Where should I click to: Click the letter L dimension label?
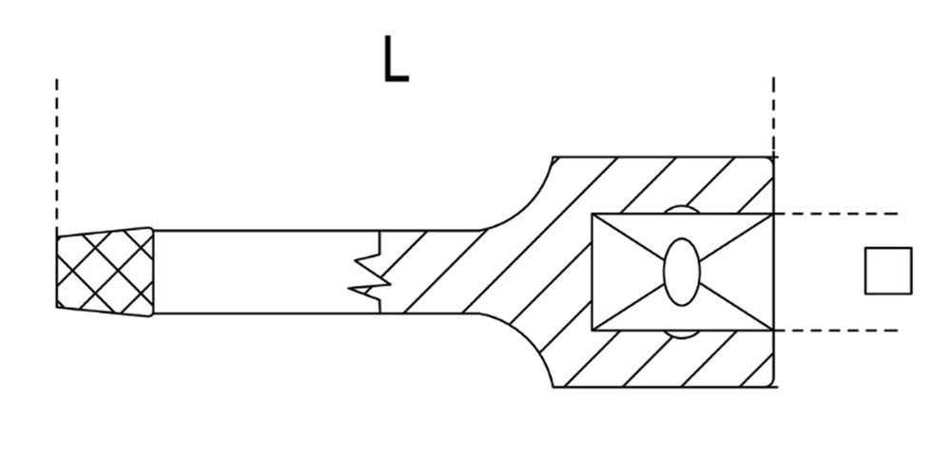point(396,59)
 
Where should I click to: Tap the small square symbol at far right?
point(888,271)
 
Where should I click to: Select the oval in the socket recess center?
point(682,272)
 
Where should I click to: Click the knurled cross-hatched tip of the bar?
point(105,272)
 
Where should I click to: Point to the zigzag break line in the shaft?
point(370,272)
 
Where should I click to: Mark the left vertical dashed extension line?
point(56,155)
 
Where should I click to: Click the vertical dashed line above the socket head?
point(773,115)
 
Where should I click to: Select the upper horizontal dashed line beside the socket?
point(836,214)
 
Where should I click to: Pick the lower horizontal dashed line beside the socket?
point(836,331)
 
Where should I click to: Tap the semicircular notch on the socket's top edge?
point(682,209)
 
